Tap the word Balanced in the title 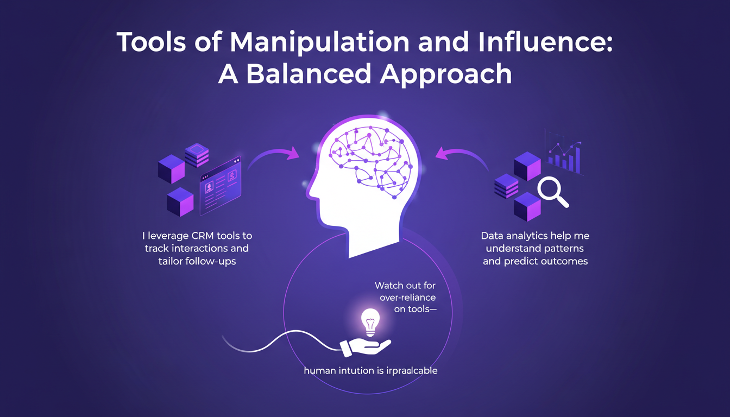[x=306, y=75]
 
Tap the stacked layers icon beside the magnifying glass [x=506, y=186]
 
